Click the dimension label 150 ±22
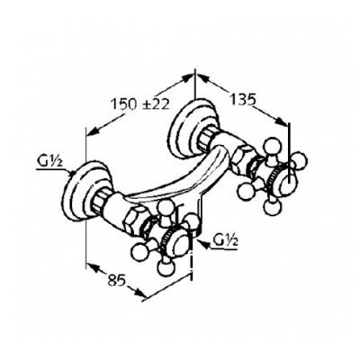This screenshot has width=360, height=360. click(x=140, y=103)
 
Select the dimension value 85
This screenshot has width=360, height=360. click(x=116, y=281)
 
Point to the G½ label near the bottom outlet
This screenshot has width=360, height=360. click(x=225, y=241)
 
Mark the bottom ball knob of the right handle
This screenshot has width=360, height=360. click(x=272, y=207)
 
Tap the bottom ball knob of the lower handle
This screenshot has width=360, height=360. click(x=166, y=267)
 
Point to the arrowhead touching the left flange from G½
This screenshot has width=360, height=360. click(x=72, y=173)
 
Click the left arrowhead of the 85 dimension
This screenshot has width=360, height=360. click(x=93, y=266)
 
